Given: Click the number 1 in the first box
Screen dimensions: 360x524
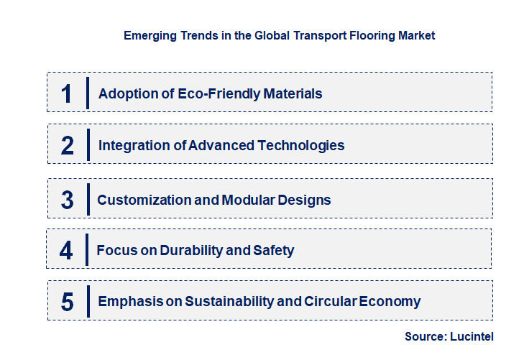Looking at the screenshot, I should [67, 93].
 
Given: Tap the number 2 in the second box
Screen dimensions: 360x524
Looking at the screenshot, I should [68, 145].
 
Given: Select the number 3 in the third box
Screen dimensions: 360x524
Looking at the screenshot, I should [68, 200].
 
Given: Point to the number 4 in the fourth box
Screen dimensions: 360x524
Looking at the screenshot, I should [67, 251].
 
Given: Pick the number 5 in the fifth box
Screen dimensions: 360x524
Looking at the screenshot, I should [68, 302].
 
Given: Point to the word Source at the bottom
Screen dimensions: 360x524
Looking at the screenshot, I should [424, 336].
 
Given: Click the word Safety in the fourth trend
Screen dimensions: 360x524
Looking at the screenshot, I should [273, 251].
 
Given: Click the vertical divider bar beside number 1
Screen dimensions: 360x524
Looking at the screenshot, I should [87, 93].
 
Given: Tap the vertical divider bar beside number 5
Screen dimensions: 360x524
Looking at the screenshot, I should [87, 301].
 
